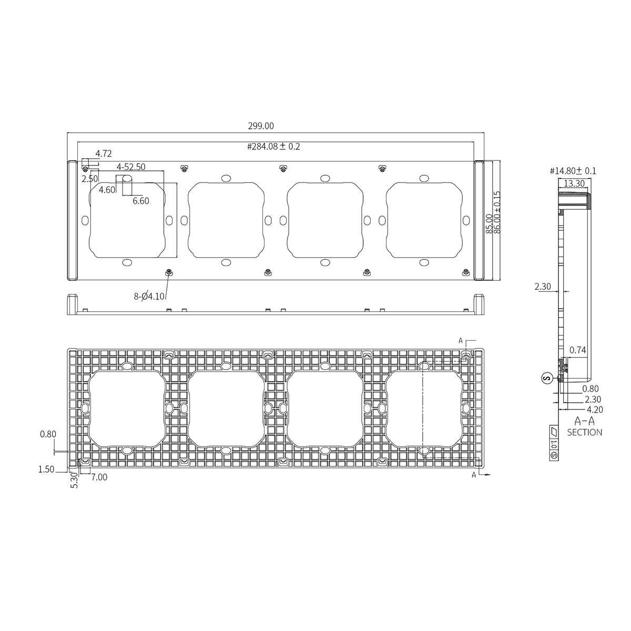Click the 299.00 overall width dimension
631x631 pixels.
(261, 126)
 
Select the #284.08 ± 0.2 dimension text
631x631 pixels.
(273, 147)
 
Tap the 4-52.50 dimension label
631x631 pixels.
(131, 167)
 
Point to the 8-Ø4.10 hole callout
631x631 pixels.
(149, 296)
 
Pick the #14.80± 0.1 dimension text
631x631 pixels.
(573, 171)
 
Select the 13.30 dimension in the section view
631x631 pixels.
(573, 184)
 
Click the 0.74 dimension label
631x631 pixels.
(577, 350)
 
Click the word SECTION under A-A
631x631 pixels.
(584, 432)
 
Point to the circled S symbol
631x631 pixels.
(547, 378)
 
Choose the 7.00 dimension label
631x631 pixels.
(99, 477)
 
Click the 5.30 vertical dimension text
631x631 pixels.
(74, 480)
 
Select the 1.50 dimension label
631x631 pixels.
(46, 470)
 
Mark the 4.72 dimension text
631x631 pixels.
(103, 154)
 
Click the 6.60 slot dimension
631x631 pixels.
(140, 201)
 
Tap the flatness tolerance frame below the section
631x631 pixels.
(553, 442)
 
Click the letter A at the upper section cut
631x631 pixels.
(461, 341)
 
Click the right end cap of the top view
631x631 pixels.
(479, 221)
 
